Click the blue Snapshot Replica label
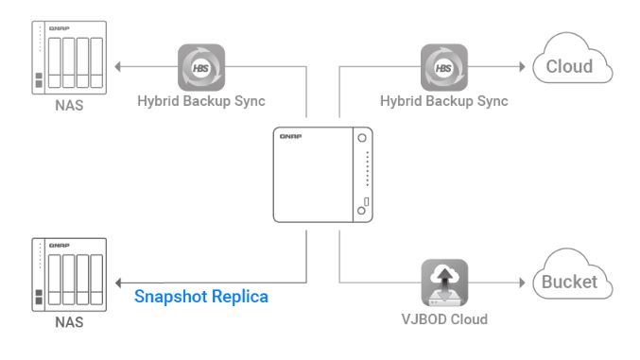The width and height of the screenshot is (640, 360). [201, 297]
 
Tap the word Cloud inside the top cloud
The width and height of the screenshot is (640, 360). [569, 66]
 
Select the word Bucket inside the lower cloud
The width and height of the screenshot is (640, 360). [569, 282]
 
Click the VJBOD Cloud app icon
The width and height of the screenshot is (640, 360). [444, 283]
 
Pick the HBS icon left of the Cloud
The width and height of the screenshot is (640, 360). [444, 67]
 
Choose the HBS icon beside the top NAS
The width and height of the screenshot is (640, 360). [201, 67]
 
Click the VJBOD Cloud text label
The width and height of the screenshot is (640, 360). [444, 319]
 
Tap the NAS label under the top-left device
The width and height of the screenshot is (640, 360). [69, 105]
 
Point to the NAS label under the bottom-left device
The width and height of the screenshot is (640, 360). [69, 322]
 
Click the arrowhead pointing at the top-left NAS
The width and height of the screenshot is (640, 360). [117, 66]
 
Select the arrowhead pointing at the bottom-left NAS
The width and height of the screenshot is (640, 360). [118, 283]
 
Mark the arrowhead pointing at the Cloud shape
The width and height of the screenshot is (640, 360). [522, 66]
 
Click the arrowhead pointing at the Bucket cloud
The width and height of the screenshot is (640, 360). [522, 283]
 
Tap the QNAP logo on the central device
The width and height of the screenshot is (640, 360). [290, 136]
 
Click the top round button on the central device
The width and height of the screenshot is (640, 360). [362, 138]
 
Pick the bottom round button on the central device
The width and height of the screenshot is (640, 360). [361, 211]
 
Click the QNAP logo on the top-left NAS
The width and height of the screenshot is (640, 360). [60, 28]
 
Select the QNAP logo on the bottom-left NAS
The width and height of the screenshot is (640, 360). [60, 246]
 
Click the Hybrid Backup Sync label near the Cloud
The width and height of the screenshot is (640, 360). [444, 101]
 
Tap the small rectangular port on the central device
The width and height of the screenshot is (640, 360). [367, 201]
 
